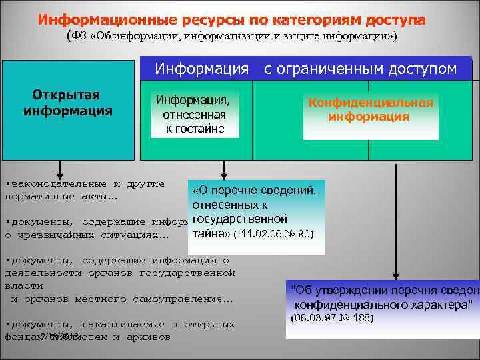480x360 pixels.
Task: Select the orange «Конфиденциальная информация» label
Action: click(371, 110)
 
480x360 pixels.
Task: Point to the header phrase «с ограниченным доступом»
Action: click(360, 69)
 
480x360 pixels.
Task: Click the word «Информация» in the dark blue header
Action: click(202, 69)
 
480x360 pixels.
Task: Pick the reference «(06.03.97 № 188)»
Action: click(333, 319)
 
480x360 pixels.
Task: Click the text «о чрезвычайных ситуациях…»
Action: click(87, 235)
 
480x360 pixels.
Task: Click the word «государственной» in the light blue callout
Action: click(239, 219)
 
